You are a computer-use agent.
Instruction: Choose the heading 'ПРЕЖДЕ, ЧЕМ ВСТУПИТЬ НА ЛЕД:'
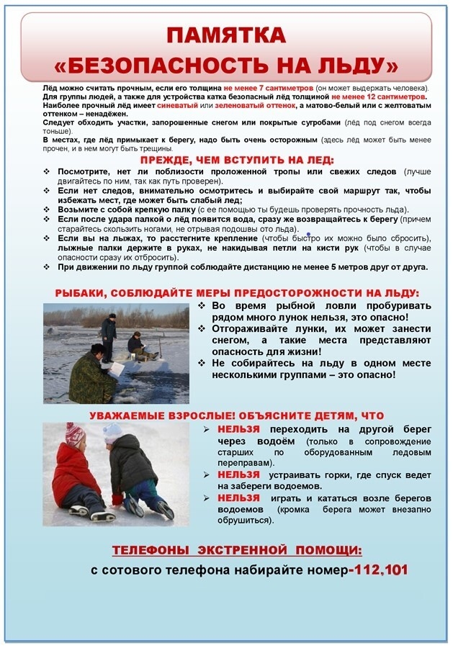[x=237, y=160]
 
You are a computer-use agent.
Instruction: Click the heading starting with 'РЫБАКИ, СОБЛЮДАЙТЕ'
[x=237, y=293]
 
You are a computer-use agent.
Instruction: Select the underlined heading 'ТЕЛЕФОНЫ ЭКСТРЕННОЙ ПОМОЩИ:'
[x=237, y=551]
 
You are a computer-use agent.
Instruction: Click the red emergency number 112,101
[x=379, y=570]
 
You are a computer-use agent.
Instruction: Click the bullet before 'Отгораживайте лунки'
[x=203, y=328]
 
